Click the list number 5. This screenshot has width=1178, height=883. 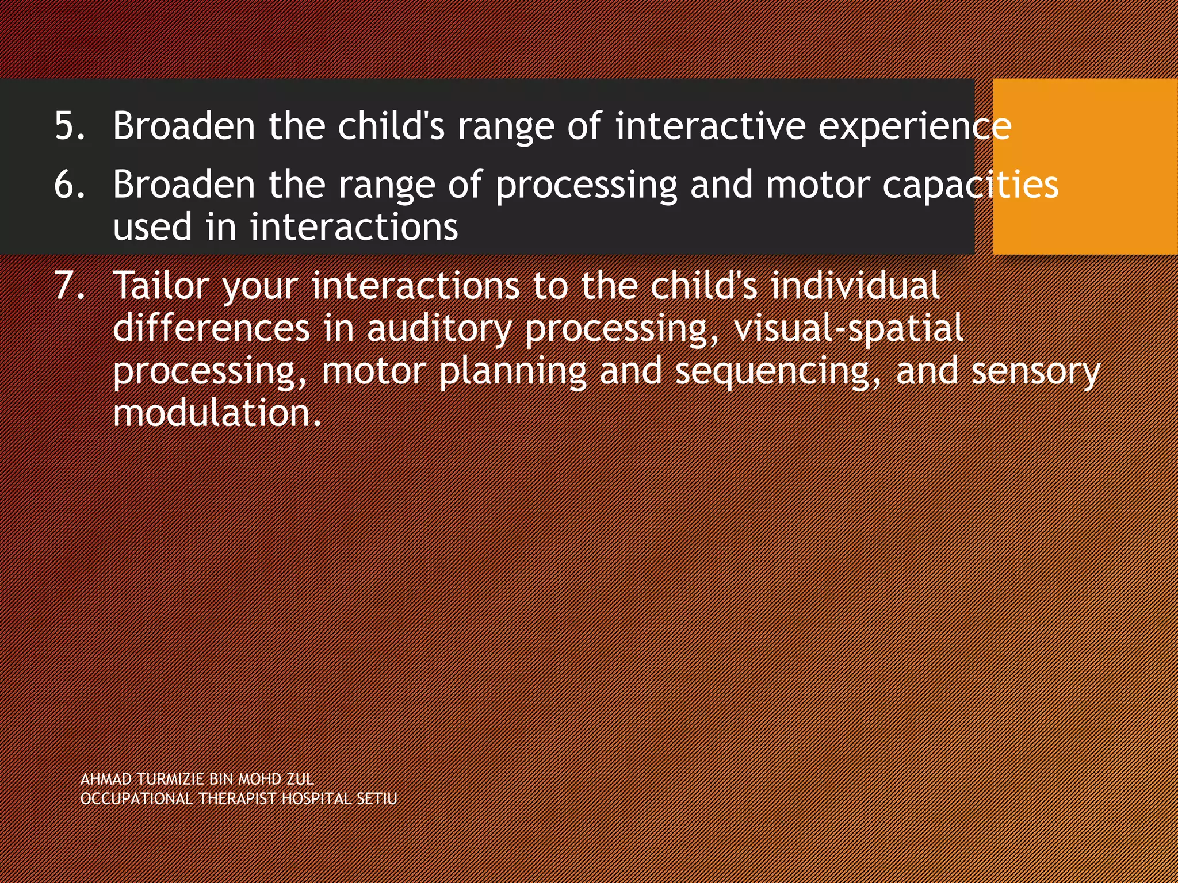pos(70,125)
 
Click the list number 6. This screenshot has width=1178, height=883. pos(70,185)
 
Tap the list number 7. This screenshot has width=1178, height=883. pos(70,285)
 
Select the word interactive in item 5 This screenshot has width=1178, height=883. pos(710,125)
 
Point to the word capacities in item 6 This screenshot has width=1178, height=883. pos(970,185)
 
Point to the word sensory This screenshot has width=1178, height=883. pos(1035,371)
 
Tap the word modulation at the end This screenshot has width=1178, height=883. pos(216,413)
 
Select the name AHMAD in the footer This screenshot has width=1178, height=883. pos(106,780)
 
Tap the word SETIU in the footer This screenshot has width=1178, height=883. pos(377,799)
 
